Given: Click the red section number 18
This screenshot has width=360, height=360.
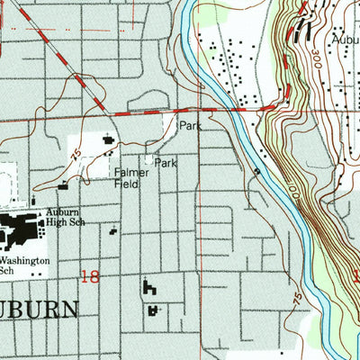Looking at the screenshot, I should click(90, 277).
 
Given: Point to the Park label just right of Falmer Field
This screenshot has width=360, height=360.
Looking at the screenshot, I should click(165, 164).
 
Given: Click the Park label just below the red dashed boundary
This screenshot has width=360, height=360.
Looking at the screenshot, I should click(189, 127).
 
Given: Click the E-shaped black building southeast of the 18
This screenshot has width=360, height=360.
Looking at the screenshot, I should click(148, 289).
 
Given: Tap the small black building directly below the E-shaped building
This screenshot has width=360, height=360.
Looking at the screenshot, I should click(154, 310).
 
